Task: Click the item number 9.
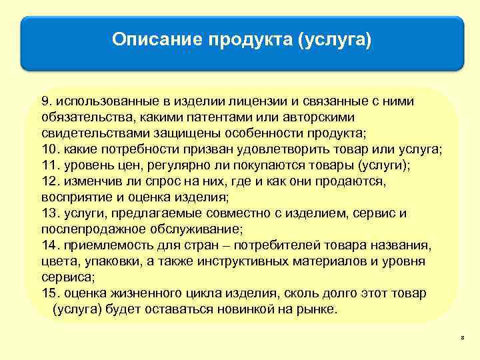[45, 101]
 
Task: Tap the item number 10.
[49, 148]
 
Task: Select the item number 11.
[49, 164]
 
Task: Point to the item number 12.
[49, 181]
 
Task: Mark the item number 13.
[49, 213]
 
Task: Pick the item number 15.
[49, 293]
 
